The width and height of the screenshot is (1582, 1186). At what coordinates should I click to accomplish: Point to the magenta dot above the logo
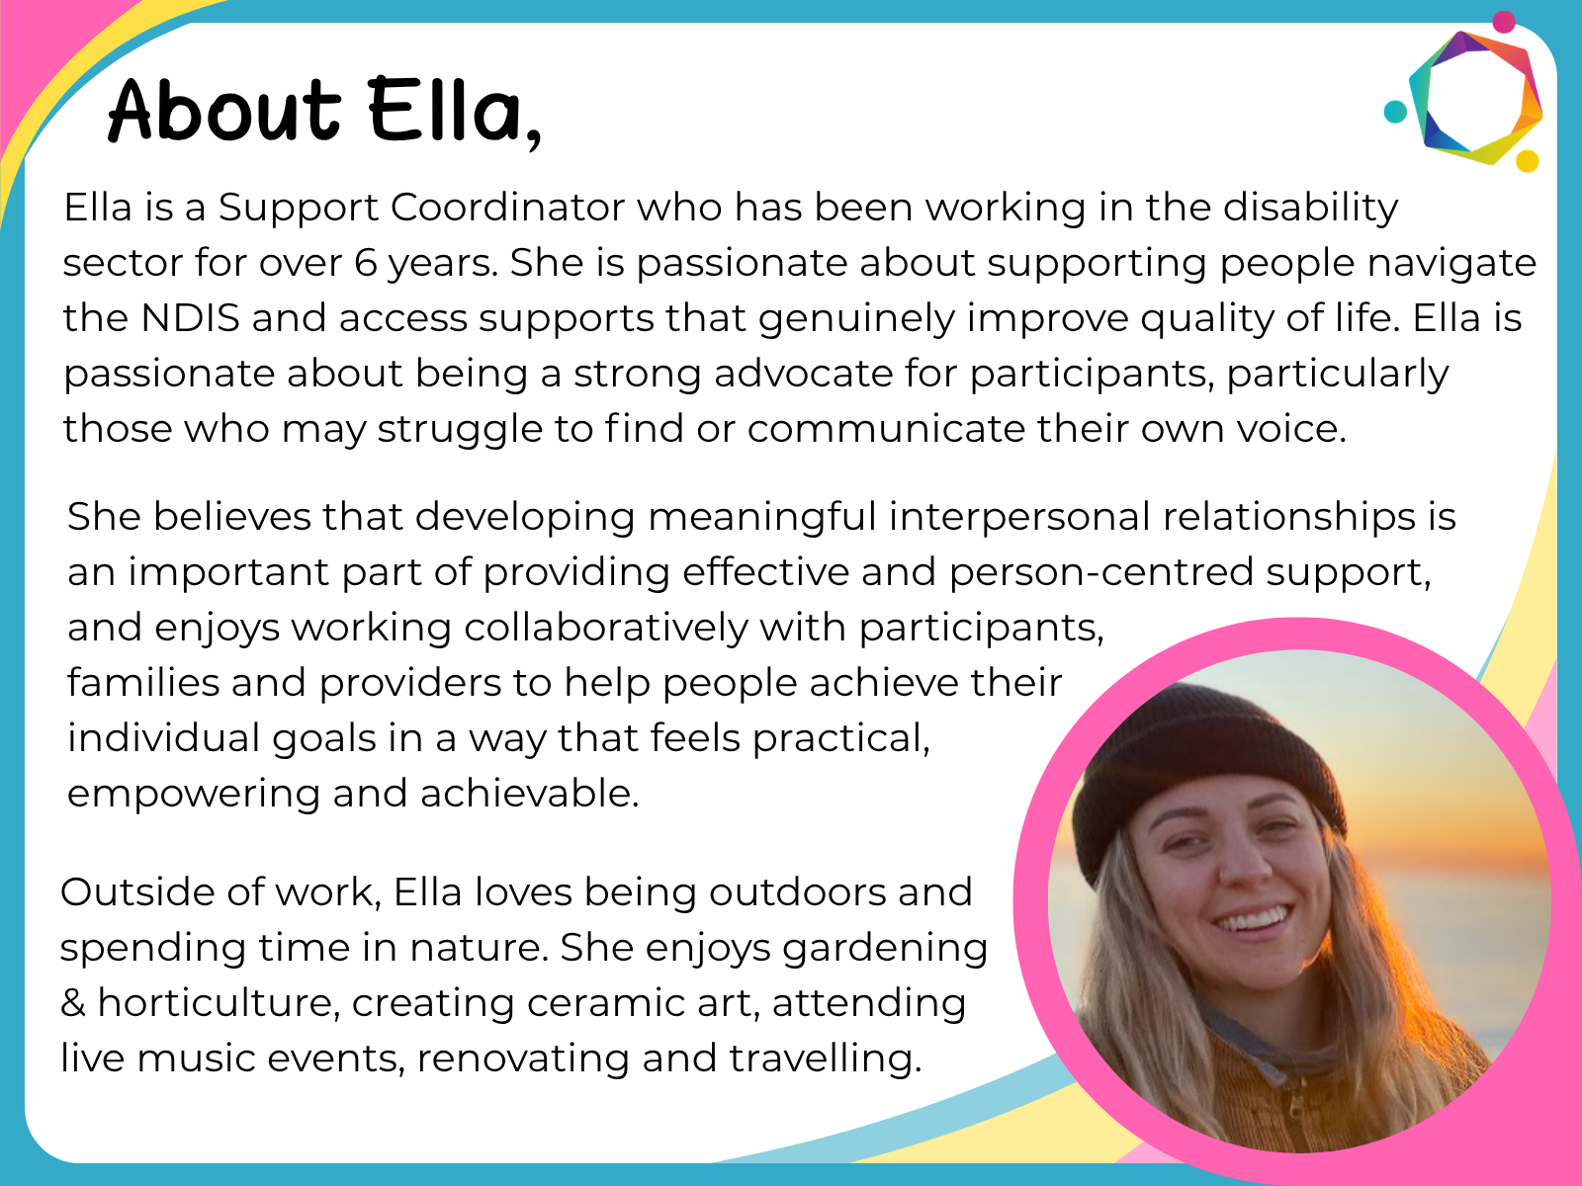pos(1504,22)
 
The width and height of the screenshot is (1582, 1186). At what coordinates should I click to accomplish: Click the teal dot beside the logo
pos(1395,112)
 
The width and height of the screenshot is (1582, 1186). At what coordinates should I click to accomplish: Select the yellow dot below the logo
pos(1528,160)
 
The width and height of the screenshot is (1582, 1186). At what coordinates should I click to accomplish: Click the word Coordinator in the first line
pos(508,208)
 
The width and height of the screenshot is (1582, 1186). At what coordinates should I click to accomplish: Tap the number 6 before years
pos(366,263)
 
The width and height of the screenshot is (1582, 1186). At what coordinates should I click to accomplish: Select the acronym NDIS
pos(190,317)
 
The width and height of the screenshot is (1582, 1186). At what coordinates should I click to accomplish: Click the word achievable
pos(529,794)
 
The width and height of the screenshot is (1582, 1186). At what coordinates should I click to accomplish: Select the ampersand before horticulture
pos(73,1003)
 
